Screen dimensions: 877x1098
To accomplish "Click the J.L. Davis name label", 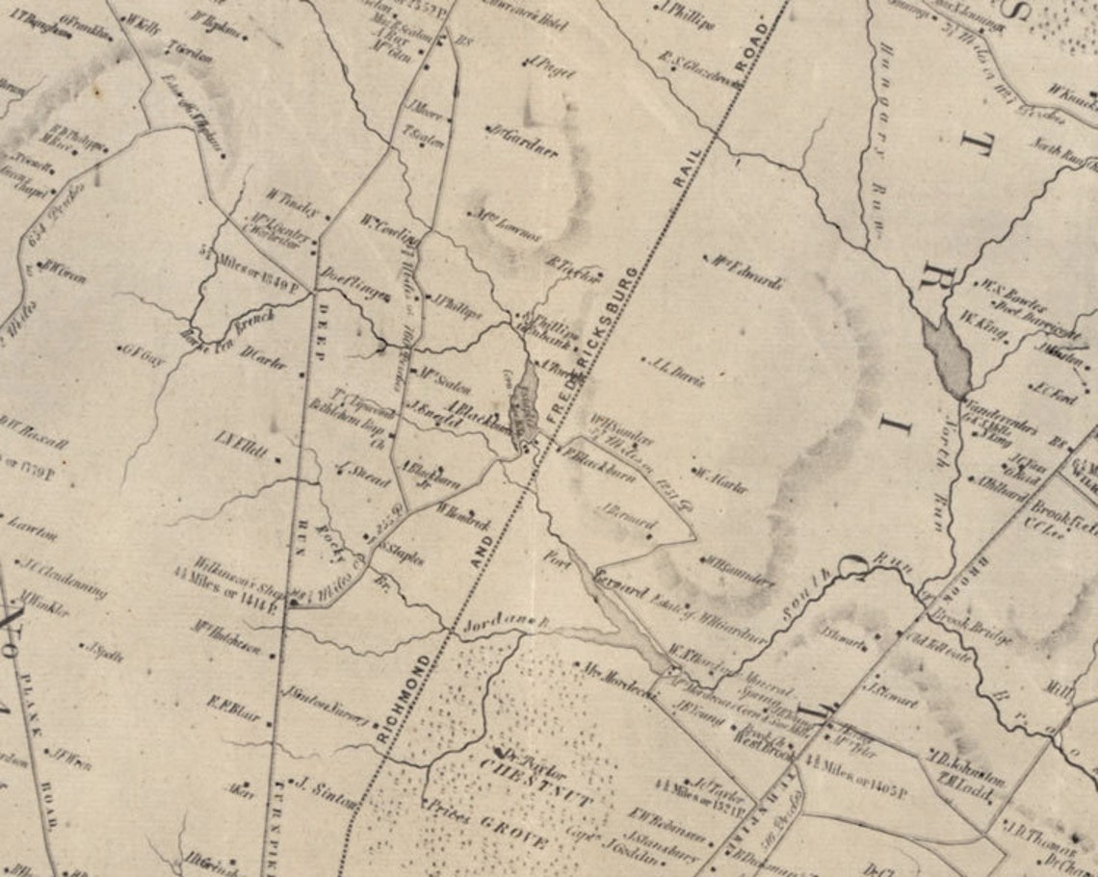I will [678, 372].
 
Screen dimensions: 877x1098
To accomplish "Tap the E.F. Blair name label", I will [232, 708].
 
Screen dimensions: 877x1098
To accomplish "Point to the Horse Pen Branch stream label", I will [228, 327].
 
